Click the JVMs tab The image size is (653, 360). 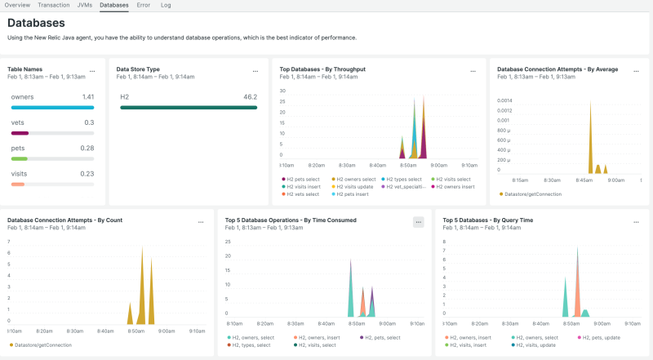84,5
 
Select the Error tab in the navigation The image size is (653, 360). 143,5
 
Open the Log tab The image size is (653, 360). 166,5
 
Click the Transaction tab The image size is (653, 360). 54,5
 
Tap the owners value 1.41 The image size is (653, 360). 88,96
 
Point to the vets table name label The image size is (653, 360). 18,122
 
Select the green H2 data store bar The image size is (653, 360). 189,107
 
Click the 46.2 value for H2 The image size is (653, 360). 251,96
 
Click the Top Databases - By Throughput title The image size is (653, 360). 322,69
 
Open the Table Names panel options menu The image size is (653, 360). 92,71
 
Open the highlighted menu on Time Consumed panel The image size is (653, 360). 418,221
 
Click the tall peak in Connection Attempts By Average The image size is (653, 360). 589,114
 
